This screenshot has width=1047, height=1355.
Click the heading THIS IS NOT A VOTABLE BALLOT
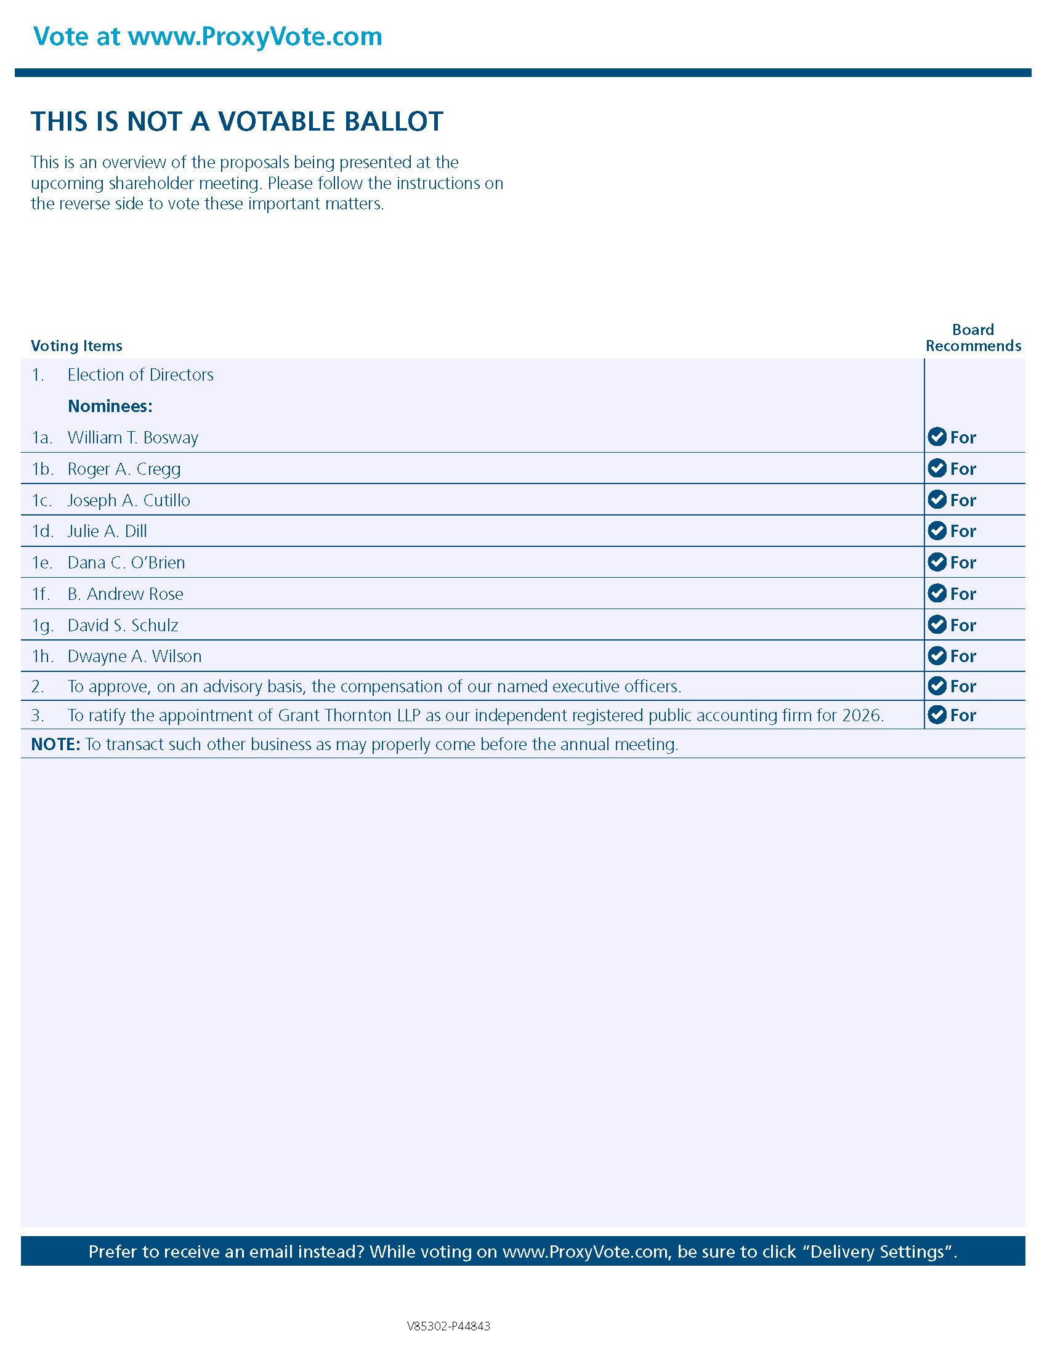click(x=237, y=121)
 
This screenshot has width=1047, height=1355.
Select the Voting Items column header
click(x=76, y=346)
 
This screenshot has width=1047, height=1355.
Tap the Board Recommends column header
click(x=972, y=338)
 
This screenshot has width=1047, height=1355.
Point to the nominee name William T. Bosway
click(x=133, y=437)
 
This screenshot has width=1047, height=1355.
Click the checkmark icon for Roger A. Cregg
click(x=937, y=468)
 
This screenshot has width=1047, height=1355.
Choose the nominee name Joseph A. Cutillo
click(x=128, y=500)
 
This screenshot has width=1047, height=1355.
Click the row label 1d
click(x=42, y=531)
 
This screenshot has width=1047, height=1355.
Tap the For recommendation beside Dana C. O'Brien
click(x=963, y=563)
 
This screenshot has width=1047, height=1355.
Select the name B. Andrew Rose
click(x=125, y=594)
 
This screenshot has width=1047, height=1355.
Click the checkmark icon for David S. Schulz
click(x=937, y=624)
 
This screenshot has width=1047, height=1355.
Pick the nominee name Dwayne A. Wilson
click(x=135, y=656)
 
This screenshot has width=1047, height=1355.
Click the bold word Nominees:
click(x=110, y=406)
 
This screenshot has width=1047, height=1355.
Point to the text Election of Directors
click(x=140, y=374)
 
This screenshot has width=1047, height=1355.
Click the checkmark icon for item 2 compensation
click(x=937, y=686)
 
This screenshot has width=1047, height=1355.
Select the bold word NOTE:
click(x=55, y=744)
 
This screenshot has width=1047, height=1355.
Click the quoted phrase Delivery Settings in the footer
click(x=881, y=1252)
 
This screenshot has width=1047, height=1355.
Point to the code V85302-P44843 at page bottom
click(x=448, y=1326)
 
